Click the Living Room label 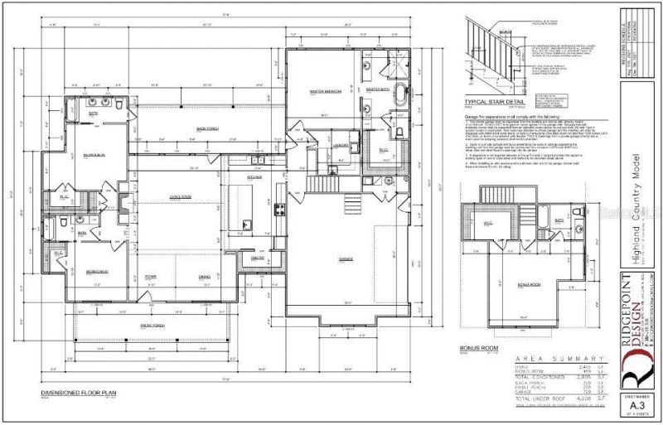pos(181,196)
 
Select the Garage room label pos(345,258)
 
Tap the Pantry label pos(258,258)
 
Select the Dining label pos(204,277)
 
